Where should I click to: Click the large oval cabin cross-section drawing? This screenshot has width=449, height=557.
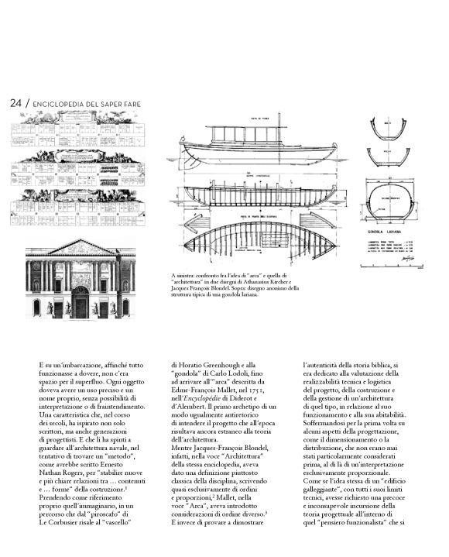[395, 201]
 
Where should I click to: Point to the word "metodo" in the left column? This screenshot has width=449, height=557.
[119, 414]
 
